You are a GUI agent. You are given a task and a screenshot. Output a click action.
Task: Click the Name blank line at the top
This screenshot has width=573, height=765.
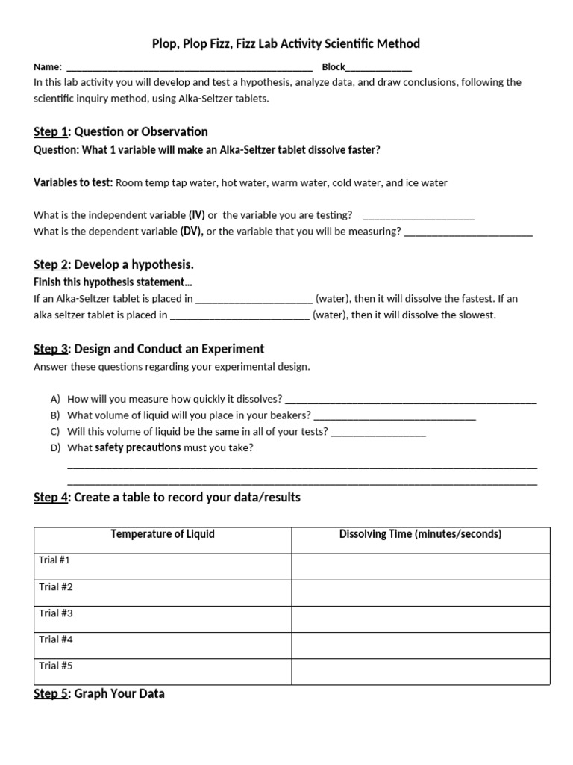(x=190, y=67)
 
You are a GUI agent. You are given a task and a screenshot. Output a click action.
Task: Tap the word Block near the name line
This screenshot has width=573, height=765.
(x=334, y=67)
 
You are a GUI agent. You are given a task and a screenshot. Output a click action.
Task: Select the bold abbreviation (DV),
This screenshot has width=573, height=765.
(x=192, y=232)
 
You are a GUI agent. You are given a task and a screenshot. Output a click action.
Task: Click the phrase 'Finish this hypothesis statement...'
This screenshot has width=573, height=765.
(x=113, y=282)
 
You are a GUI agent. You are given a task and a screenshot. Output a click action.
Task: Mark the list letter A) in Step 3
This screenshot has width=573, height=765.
(x=55, y=399)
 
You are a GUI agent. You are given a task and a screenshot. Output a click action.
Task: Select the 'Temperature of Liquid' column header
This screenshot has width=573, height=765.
(x=163, y=534)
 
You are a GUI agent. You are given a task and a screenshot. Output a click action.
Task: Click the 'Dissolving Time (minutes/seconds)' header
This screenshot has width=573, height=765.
(x=420, y=534)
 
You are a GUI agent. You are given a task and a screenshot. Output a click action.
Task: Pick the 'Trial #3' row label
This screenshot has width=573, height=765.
(x=55, y=613)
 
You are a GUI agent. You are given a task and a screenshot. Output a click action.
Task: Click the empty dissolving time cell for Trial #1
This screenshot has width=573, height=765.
(x=420, y=566)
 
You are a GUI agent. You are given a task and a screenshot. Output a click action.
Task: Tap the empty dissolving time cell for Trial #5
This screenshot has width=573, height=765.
(x=420, y=671)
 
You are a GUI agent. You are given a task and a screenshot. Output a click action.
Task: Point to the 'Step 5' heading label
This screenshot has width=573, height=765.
(x=49, y=694)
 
